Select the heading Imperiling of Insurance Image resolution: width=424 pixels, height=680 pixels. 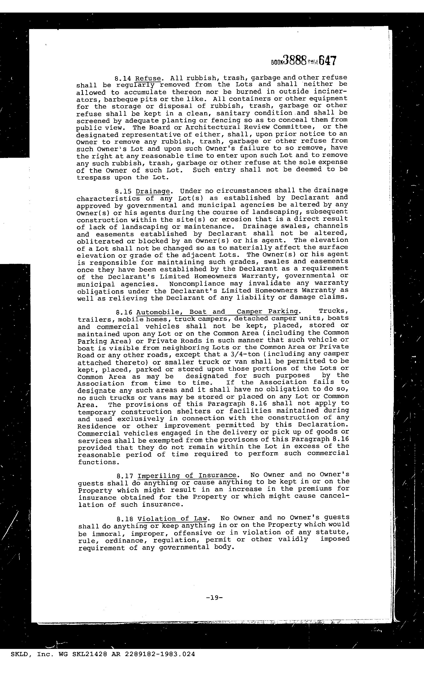click(x=187, y=476)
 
